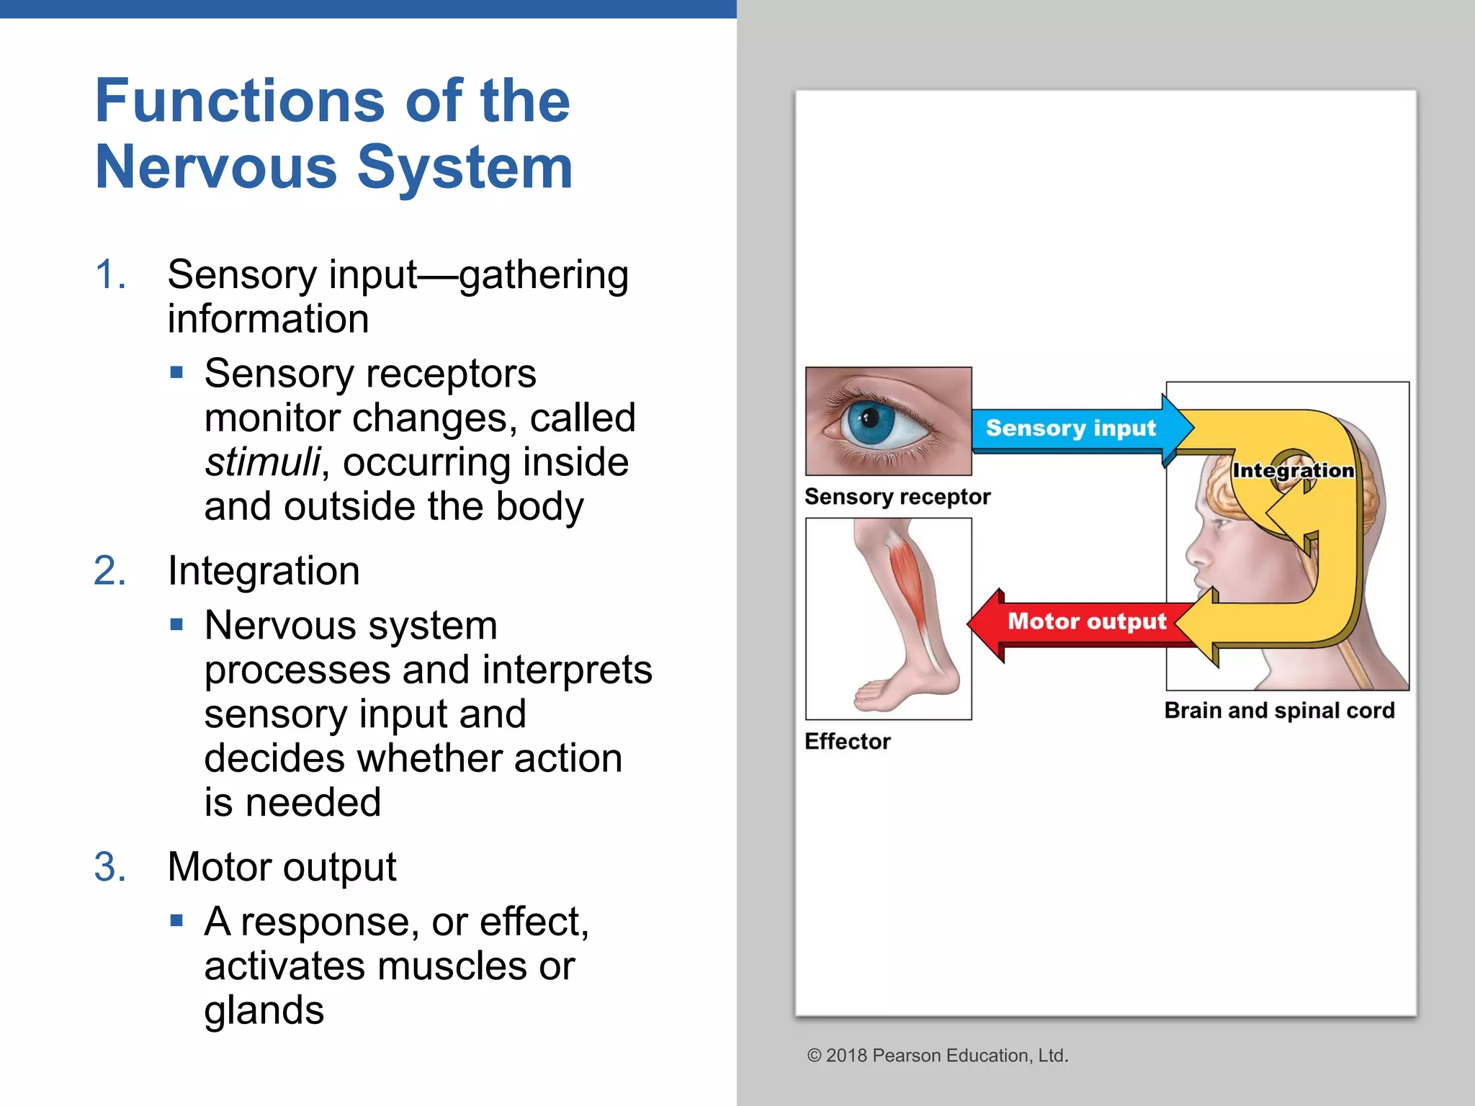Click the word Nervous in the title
[x=216, y=167]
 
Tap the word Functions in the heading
[x=240, y=101]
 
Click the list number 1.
[x=109, y=275]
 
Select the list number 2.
[x=109, y=571]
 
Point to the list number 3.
[x=109, y=866]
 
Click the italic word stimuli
[x=262, y=462]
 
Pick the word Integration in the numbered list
[x=264, y=571]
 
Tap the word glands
[x=264, y=1010]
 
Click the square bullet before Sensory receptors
[x=177, y=373]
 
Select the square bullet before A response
[x=177, y=920]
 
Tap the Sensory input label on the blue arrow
[x=1070, y=428]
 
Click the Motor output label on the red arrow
[x=1086, y=621]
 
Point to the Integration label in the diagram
[x=1293, y=470]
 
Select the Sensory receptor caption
[x=897, y=497]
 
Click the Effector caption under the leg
[x=847, y=741]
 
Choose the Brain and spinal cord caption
[x=1279, y=711]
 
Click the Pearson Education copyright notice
[x=938, y=1056]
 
